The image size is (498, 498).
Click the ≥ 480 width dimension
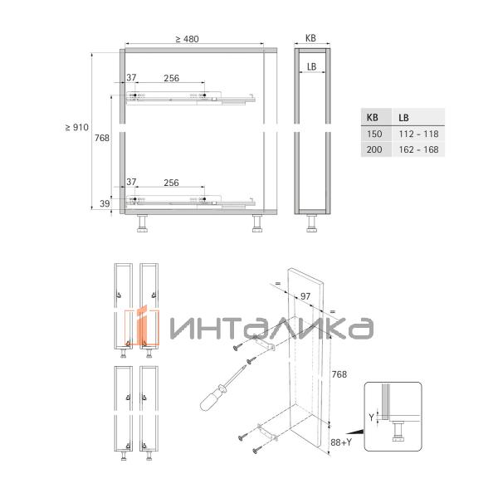coord(187,39)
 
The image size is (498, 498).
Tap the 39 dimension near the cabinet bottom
coord(105,203)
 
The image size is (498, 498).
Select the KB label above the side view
coord(310,38)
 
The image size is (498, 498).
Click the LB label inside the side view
coord(311,66)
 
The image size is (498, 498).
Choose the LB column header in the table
coord(403,118)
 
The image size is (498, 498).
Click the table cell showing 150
coord(373,134)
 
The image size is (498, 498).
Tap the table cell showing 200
coord(373,150)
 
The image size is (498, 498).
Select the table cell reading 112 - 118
coord(418,134)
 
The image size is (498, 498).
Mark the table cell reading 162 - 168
coord(418,150)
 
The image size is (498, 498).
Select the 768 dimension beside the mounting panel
coord(339,375)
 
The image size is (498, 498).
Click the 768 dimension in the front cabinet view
coord(100,138)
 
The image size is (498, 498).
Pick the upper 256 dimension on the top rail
coord(171,78)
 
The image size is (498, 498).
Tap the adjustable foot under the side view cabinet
coord(312,222)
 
